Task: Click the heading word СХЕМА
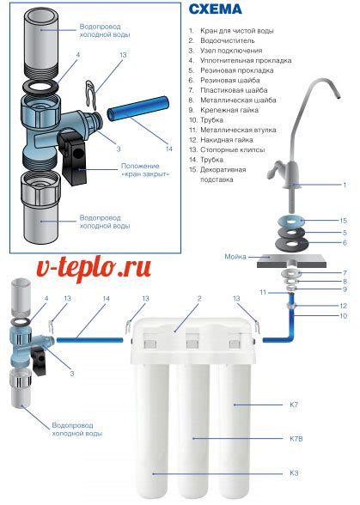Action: (215, 9)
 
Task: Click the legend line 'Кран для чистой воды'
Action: (237, 31)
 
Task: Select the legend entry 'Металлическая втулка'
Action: (238, 131)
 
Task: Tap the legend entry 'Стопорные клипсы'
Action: (233, 149)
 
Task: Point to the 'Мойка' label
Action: (235, 257)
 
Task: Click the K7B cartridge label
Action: (296, 439)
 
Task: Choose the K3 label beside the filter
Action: (294, 473)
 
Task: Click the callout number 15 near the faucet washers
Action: (343, 221)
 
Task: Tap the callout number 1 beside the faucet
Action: (345, 185)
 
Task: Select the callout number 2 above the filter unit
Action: (199, 299)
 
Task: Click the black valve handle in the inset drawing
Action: (73, 158)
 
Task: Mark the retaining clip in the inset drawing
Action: (91, 94)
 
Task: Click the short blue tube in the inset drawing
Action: (138, 108)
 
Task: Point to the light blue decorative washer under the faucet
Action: (291, 222)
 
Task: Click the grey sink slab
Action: (291, 261)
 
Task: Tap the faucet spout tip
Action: (338, 96)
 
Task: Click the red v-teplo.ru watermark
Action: (94, 269)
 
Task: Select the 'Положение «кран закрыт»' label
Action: (145, 170)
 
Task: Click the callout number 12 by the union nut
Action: (343, 306)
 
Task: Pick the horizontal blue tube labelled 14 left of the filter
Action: (90, 339)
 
